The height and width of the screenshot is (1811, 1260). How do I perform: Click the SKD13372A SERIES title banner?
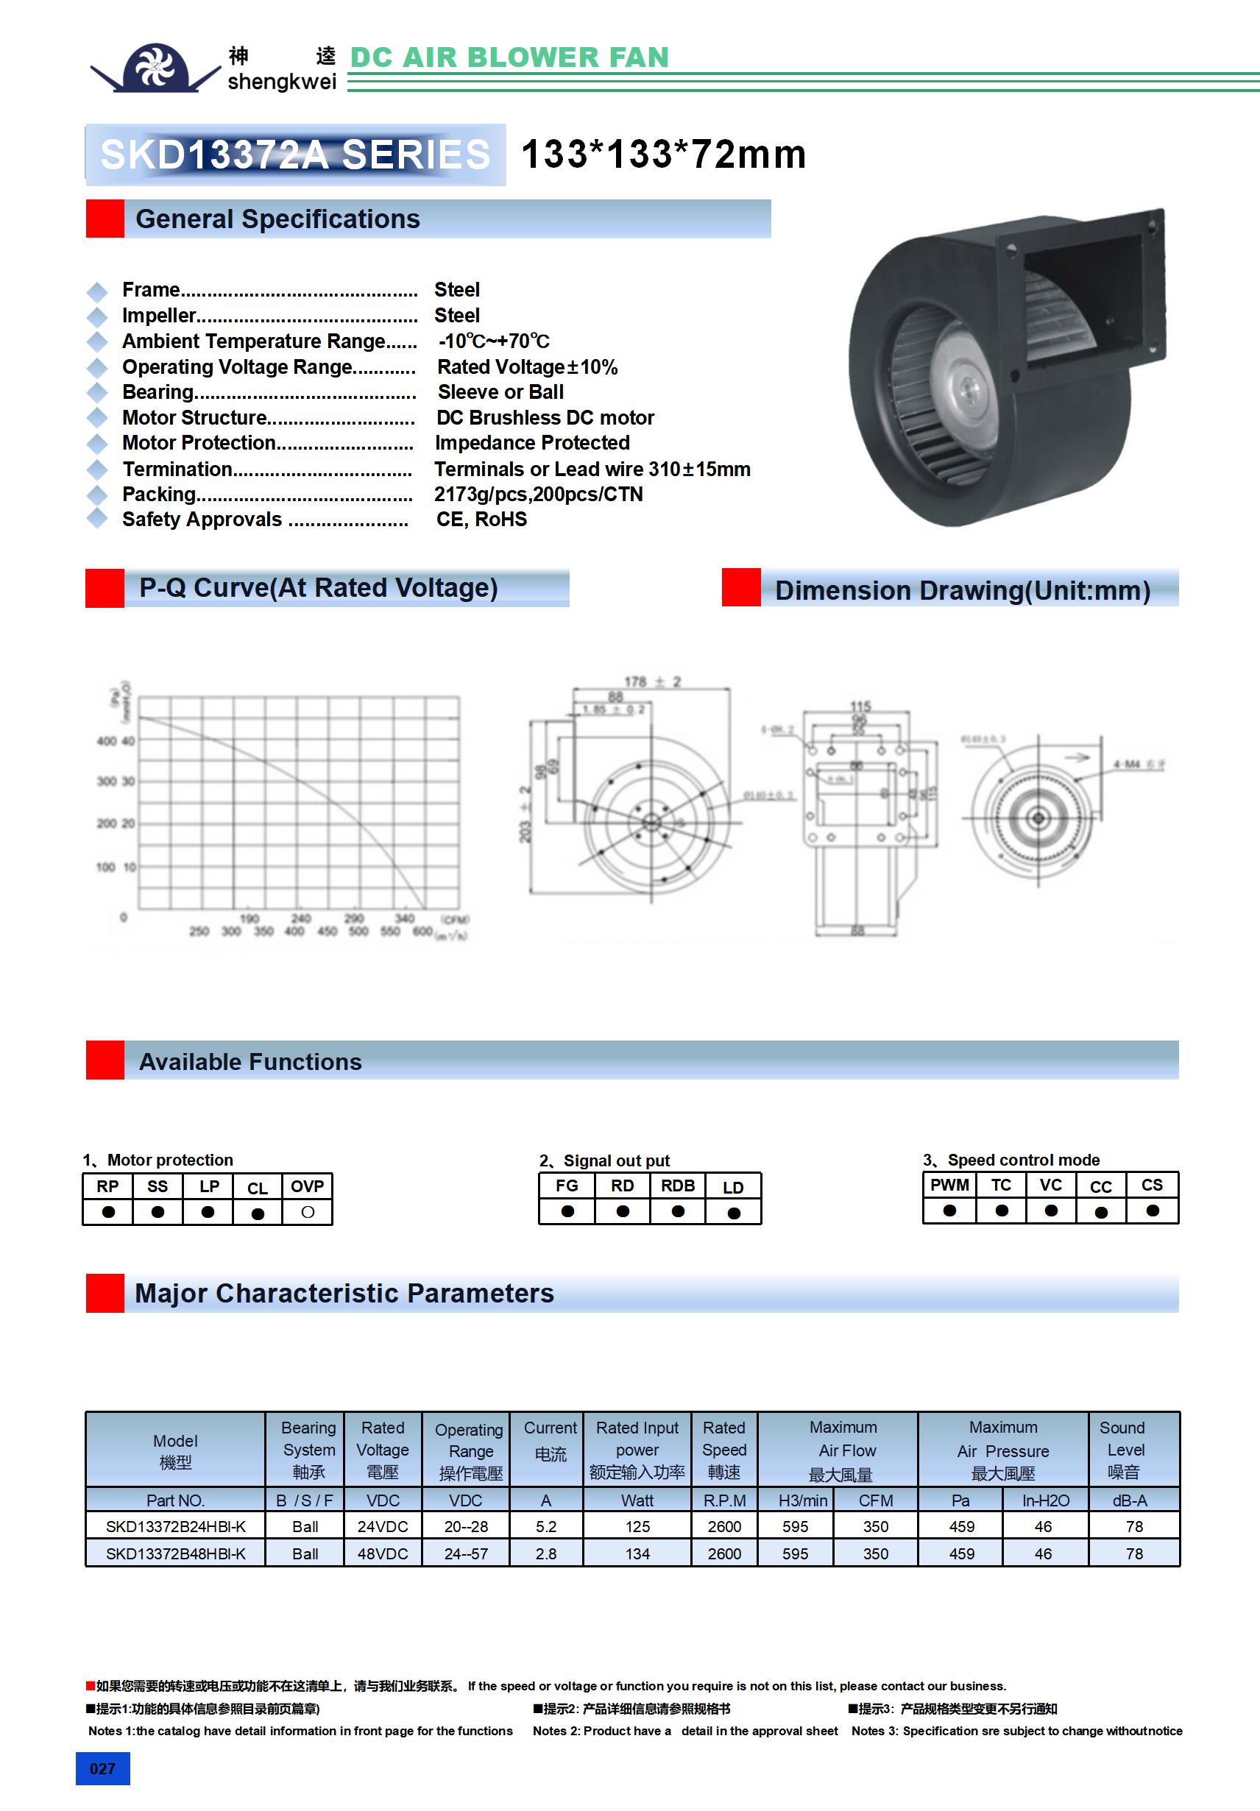(x=295, y=155)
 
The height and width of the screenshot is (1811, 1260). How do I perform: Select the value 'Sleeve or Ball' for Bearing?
(x=500, y=392)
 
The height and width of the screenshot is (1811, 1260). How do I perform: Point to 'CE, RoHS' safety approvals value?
(x=481, y=519)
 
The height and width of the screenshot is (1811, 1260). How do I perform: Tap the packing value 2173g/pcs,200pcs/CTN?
(x=538, y=494)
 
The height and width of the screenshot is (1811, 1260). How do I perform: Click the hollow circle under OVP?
(x=308, y=1211)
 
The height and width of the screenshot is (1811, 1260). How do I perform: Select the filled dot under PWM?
(x=949, y=1210)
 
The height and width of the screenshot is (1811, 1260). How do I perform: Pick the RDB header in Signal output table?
(x=678, y=1186)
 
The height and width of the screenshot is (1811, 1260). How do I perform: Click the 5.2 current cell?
(x=546, y=1526)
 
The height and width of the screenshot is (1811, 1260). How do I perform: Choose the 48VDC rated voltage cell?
(x=383, y=1553)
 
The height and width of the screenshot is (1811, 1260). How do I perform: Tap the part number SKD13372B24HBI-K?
(x=175, y=1526)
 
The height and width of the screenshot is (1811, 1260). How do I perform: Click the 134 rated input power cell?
(x=637, y=1553)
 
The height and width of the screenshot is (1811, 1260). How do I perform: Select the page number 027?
(x=102, y=1768)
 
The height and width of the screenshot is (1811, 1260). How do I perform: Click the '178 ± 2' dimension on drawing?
(x=651, y=681)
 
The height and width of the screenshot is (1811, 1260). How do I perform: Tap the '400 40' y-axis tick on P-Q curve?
(x=116, y=740)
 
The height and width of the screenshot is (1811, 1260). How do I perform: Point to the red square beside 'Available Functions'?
(x=105, y=1060)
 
